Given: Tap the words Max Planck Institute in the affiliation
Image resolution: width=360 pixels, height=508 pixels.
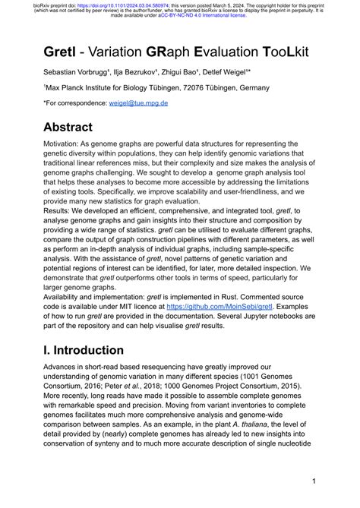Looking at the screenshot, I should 72,87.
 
